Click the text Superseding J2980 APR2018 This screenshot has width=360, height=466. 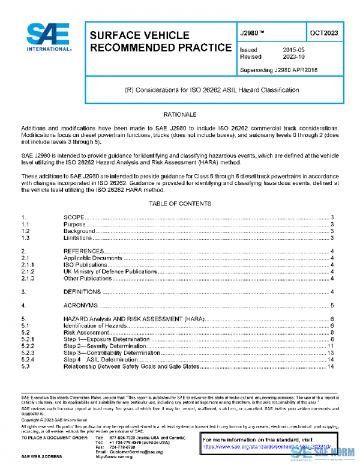pyautogui.click(x=278, y=70)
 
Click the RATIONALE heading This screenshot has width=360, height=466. pyautogui.click(x=179, y=114)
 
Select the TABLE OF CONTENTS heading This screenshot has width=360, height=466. pyautogui.click(x=179, y=204)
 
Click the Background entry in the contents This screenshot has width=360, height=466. pyautogui.click(x=79, y=231)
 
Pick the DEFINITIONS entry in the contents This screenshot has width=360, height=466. pyautogui.click(x=82, y=291)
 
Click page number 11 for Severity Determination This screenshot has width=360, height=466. pyautogui.click(x=330, y=346)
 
